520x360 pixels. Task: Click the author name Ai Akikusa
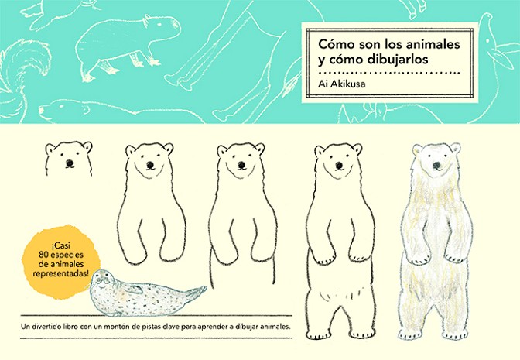point(342,84)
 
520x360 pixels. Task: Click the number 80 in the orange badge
point(43,255)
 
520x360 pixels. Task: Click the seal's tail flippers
point(197,291)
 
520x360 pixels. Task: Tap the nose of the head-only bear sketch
point(70,163)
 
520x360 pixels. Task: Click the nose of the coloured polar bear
point(437,165)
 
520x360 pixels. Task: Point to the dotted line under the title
point(388,73)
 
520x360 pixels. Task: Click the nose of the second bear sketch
point(150,164)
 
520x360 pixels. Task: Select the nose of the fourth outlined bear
point(339,165)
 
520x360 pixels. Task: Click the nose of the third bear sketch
point(241,165)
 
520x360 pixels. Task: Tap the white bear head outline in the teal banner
point(63,109)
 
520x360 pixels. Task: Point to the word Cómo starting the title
point(334,44)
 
